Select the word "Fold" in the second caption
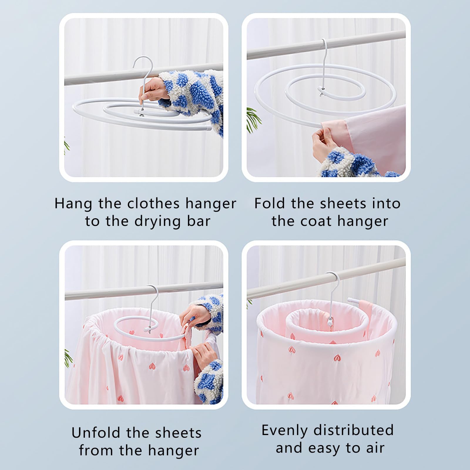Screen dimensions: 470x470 click(x=270, y=203)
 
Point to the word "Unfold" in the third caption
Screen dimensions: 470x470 click(x=96, y=433)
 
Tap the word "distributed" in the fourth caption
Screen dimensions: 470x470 click(x=354, y=430)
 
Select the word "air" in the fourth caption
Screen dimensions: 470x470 click(x=375, y=448)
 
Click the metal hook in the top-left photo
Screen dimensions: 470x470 click(x=143, y=79)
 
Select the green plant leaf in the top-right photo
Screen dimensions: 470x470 click(x=253, y=119)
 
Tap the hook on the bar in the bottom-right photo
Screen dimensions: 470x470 click(x=334, y=294)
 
